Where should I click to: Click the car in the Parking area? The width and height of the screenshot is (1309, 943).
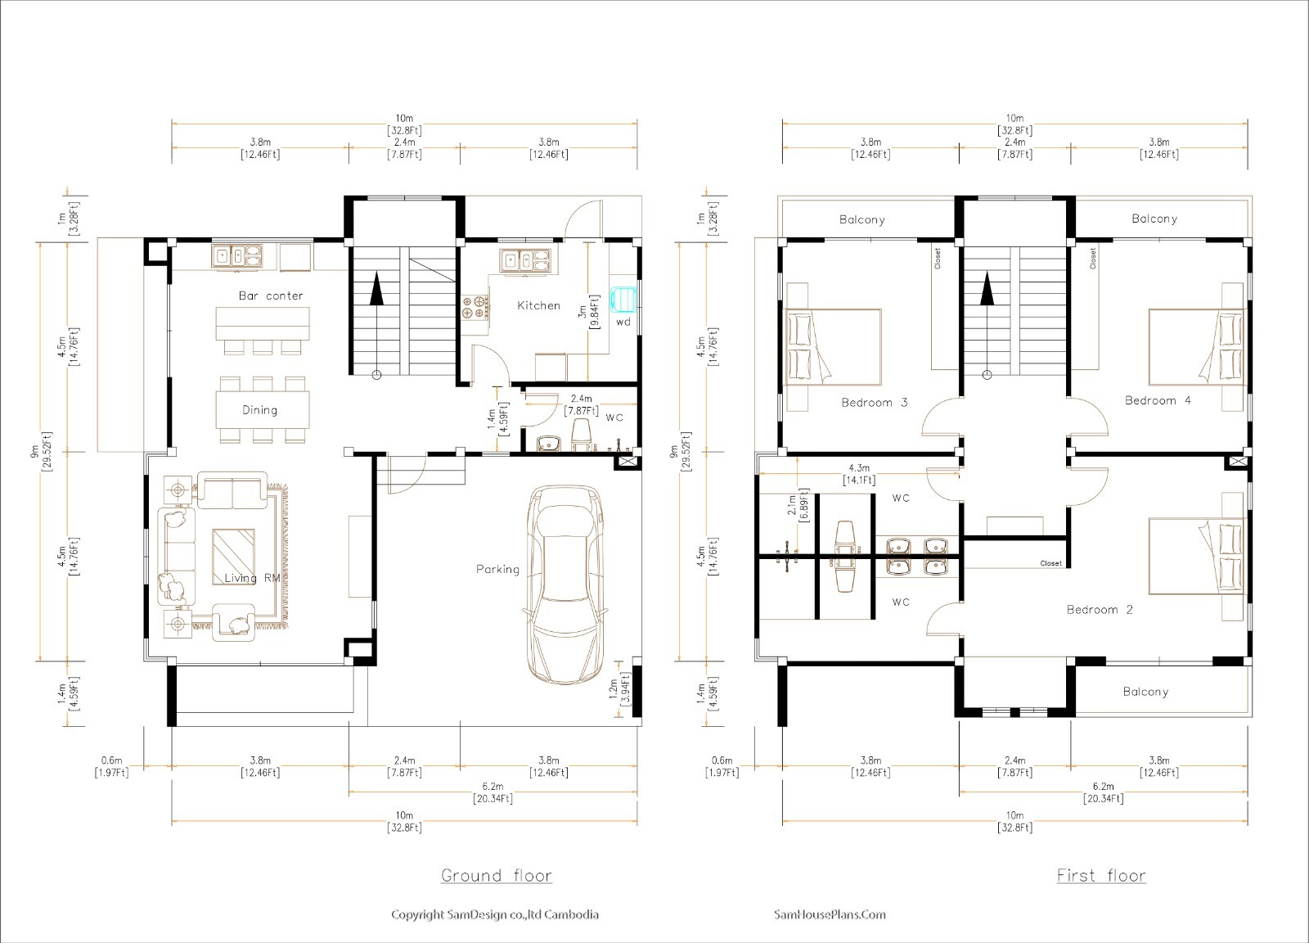[x=567, y=585]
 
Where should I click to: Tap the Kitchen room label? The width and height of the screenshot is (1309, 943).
[x=538, y=305]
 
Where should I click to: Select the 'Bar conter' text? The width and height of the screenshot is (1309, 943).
[x=271, y=296]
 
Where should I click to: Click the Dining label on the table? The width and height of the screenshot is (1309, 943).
[x=259, y=410]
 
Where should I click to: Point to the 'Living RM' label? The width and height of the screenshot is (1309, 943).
[x=253, y=578]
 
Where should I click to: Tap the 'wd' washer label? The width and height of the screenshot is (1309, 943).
[x=623, y=322]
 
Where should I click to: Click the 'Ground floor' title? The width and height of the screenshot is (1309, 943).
[x=497, y=875]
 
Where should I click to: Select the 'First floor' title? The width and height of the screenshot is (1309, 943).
[x=1100, y=875]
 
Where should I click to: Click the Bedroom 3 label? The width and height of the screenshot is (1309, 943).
[x=874, y=402]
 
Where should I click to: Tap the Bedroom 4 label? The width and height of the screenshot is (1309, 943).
[x=1158, y=400]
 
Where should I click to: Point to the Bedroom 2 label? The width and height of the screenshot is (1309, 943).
[x=1100, y=610]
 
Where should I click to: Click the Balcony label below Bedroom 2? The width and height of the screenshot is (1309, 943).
[x=1145, y=692]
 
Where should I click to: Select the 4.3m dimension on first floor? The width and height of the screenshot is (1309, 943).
[x=859, y=468]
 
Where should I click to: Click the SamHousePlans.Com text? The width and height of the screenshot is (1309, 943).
[x=830, y=914]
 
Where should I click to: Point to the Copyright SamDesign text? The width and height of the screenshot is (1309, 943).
[x=494, y=914]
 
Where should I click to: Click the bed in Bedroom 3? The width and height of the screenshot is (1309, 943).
[x=833, y=347]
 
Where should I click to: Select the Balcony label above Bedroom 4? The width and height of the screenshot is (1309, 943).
[x=1154, y=219]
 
